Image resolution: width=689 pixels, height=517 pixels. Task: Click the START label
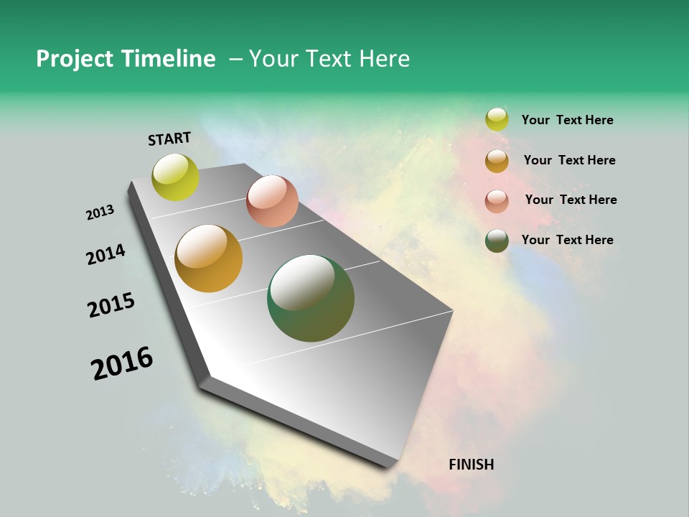coord(169,139)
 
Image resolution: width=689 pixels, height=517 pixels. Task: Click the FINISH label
coord(472,465)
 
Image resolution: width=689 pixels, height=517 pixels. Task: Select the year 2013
coord(100,213)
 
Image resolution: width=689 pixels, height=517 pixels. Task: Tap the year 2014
coord(106,254)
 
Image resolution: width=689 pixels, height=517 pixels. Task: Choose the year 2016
coord(122,363)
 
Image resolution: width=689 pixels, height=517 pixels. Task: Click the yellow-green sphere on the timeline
coord(176,177)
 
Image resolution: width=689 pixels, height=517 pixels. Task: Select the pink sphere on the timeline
coord(272,201)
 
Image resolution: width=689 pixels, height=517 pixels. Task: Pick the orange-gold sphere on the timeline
coord(209,258)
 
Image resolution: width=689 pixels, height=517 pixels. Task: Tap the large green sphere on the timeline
coord(311,298)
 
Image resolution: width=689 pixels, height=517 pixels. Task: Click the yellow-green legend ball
coord(497,120)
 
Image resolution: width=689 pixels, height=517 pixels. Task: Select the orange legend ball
coord(497,160)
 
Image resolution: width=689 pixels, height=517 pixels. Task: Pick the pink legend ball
coord(497,200)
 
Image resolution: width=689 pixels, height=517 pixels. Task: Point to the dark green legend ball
coord(497,241)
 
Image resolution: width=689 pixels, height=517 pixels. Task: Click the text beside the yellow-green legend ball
coord(567,120)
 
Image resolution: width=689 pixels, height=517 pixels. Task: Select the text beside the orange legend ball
coord(569,160)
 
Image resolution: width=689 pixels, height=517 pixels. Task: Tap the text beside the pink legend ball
coord(571,200)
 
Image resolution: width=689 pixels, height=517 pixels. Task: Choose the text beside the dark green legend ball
coord(567,240)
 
